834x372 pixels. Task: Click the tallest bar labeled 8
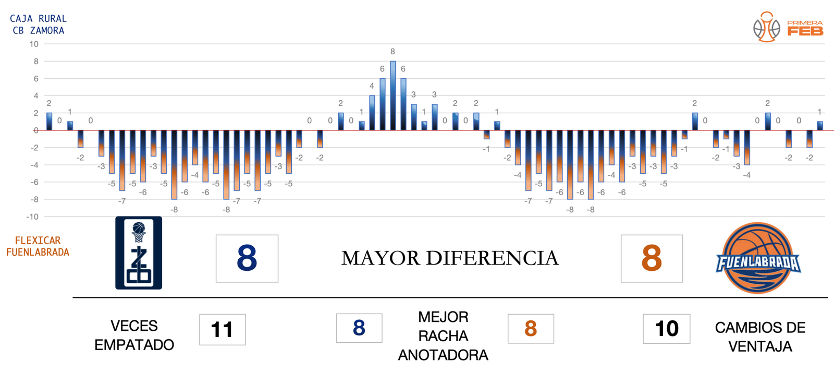393,95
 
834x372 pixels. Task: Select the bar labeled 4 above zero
372,113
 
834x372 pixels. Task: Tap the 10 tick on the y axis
34,44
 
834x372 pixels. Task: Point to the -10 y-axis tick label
32,217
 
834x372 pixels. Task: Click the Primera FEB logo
788,27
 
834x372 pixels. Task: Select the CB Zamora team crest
139,253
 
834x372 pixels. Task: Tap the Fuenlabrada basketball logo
758,258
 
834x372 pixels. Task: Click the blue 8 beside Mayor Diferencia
247,258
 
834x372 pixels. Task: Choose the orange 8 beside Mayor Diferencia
652,258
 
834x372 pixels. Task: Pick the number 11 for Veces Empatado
222,330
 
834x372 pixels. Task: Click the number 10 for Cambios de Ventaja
666,329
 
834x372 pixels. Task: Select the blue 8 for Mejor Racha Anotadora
359,328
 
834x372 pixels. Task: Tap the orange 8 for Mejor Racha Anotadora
531,329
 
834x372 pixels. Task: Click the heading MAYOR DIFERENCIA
449,258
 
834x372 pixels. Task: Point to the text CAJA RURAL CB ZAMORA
39,25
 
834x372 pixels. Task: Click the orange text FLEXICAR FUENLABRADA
38,246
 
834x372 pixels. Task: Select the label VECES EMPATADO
134,335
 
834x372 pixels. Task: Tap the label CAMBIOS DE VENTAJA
760,337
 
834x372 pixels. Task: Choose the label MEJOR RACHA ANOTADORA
443,336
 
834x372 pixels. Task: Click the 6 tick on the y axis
36,79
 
